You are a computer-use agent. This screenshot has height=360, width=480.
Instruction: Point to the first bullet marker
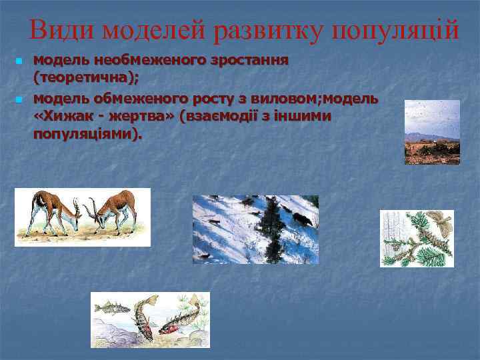point(18,61)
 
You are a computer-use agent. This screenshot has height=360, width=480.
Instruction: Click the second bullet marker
point(18,100)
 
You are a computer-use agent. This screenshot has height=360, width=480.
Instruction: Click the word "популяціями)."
point(87,135)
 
